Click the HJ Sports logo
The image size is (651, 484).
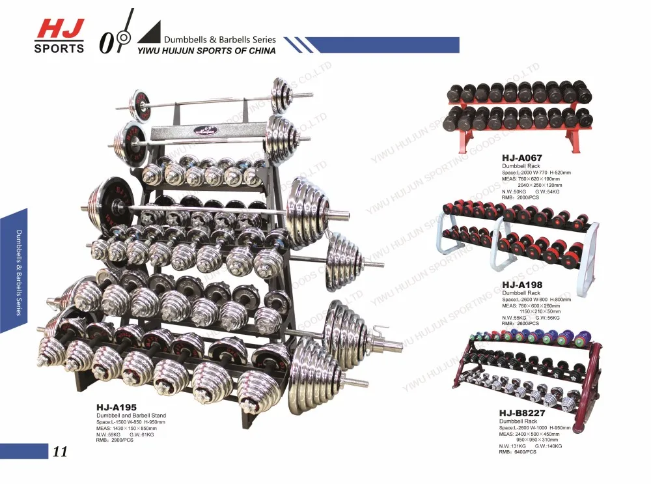[59, 35]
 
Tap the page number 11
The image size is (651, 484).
[60, 451]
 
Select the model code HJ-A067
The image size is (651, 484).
[522, 158]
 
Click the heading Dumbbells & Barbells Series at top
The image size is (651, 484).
[220, 39]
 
